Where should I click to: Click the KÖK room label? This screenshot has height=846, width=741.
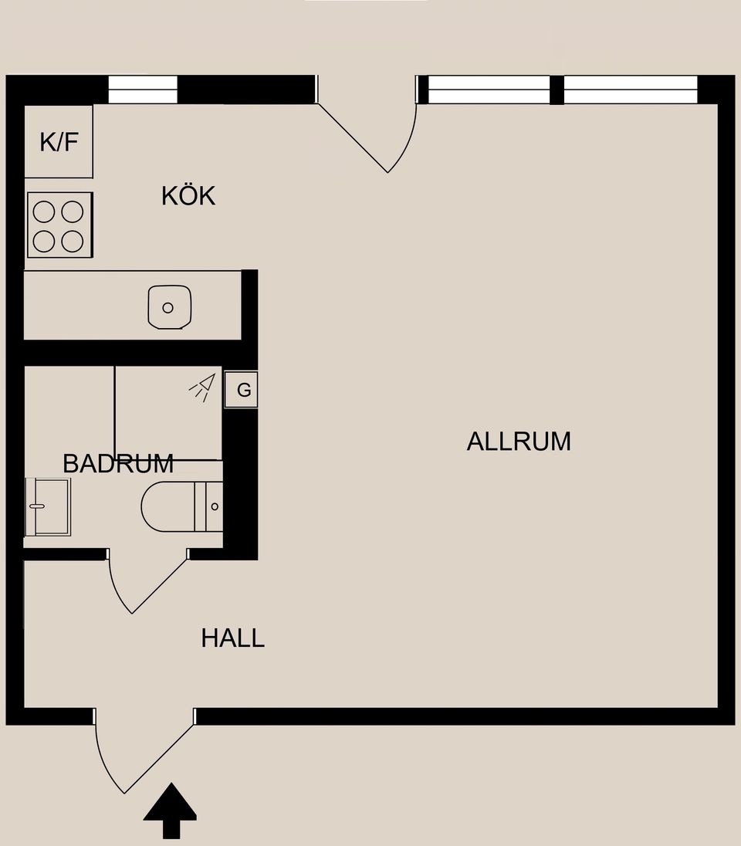188,196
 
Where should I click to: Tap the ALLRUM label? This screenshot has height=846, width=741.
519,442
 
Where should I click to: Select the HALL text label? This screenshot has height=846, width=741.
233,638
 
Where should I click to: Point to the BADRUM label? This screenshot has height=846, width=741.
117,464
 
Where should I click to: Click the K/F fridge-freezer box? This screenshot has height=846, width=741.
59,142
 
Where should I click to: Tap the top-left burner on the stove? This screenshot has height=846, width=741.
44,211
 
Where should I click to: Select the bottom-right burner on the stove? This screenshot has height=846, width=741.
73,241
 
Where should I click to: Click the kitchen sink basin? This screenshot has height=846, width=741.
169,306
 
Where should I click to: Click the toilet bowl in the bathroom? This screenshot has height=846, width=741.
166,507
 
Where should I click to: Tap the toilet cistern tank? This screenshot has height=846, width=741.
208,507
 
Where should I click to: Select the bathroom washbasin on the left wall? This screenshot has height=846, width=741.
48,506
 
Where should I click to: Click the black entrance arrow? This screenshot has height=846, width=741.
170,810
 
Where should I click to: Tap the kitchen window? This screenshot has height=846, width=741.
143,90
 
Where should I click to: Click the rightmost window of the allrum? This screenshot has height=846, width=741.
631,90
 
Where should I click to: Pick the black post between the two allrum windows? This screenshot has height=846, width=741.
557,90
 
